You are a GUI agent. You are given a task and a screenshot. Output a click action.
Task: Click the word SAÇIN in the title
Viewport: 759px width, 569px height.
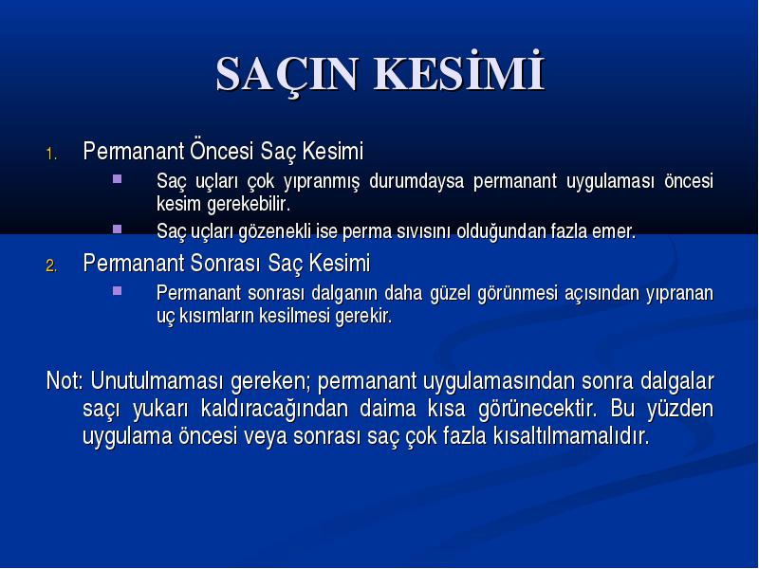tap(287, 75)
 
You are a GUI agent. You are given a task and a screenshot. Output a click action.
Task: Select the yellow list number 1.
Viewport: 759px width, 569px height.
tap(51, 155)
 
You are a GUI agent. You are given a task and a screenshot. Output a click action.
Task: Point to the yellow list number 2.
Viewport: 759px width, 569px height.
tap(51, 266)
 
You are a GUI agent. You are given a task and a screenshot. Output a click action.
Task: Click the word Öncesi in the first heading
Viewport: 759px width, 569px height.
tap(221, 151)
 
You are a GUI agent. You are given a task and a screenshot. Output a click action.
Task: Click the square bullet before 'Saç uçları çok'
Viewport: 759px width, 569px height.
tap(117, 179)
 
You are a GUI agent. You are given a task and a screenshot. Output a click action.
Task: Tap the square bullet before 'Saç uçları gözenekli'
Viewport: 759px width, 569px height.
tap(117, 229)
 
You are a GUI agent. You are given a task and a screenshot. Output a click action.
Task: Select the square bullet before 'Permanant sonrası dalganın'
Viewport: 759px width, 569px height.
tap(117, 291)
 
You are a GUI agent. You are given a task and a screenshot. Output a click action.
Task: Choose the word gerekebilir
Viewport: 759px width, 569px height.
tap(249, 204)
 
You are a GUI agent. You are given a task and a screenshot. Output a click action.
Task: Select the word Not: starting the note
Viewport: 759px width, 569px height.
tap(65, 380)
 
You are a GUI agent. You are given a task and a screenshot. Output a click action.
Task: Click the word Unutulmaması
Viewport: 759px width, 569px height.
tap(157, 380)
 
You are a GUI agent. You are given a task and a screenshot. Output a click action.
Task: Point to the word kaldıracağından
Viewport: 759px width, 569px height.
tap(274, 409)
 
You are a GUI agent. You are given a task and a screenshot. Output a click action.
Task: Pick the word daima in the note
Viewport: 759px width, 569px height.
tap(388, 409)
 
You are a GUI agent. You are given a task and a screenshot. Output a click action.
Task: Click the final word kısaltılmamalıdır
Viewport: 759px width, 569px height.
tap(571, 436)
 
